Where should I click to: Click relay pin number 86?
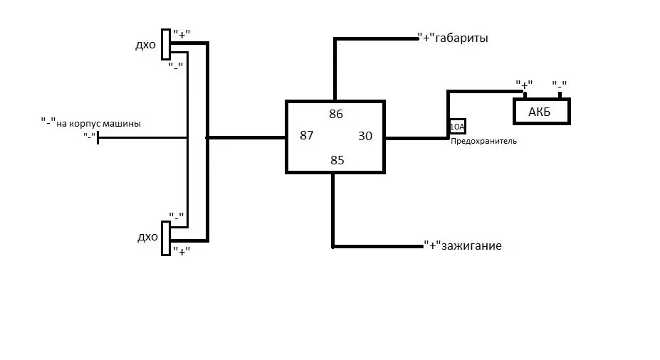click(336, 113)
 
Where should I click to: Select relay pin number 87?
click(306, 136)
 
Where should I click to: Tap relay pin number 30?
click(365, 136)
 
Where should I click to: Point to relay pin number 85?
click(337, 160)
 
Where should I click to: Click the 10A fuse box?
click(457, 127)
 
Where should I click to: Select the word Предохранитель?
click(483, 142)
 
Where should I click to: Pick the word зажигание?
click(471, 246)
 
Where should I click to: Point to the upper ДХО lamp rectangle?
click(166, 44)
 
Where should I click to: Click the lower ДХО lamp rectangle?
click(166, 237)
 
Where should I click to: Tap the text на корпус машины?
click(98, 123)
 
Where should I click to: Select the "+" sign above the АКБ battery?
click(525, 85)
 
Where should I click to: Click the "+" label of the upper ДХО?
click(182, 33)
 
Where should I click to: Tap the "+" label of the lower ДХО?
click(182, 250)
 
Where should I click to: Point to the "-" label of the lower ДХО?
click(177, 216)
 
